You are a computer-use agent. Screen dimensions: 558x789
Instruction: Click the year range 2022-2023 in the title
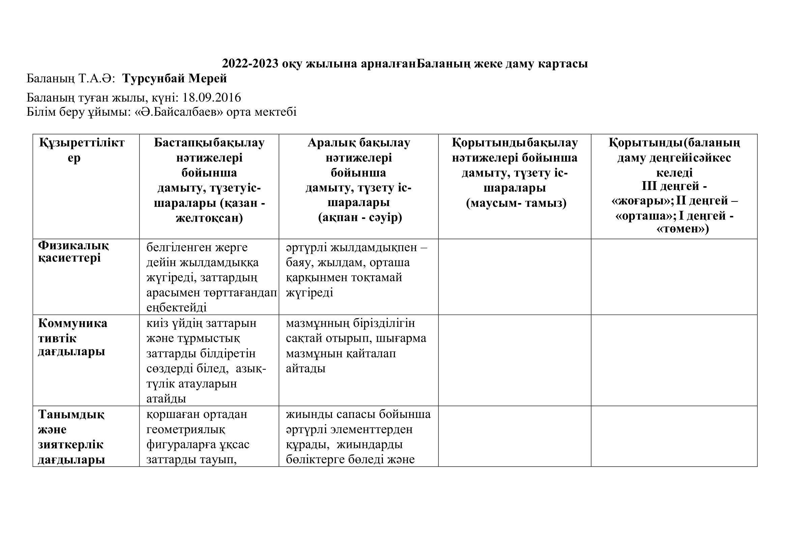(x=250, y=64)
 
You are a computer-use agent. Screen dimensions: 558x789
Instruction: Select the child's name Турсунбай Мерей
(x=175, y=79)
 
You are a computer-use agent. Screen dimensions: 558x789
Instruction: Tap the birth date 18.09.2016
(x=212, y=98)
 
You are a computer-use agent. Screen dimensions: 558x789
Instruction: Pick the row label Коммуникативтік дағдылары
(x=72, y=338)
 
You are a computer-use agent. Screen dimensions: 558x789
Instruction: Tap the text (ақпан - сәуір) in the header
(x=360, y=218)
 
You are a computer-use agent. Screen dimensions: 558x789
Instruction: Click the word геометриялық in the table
(x=186, y=429)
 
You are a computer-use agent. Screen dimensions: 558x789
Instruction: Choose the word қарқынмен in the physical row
(x=313, y=277)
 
